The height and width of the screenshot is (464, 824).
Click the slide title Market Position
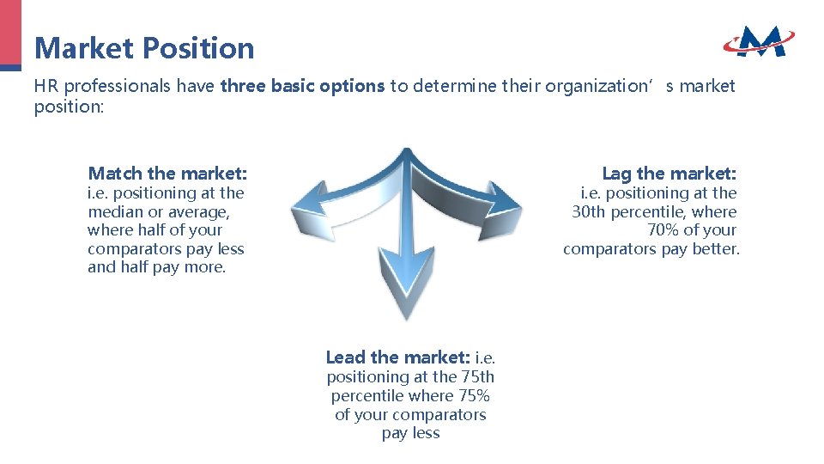point(144,47)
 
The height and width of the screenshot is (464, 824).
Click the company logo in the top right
point(758,40)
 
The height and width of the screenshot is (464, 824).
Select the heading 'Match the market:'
point(167,174)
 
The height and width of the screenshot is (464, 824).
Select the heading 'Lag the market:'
point(669,174)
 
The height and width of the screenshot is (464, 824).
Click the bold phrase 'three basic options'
point(302,86)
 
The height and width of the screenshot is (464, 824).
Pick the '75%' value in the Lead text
point(473,396)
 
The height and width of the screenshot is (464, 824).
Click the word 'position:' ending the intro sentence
point(68,107)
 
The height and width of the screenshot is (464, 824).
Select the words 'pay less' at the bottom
point(410,433)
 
